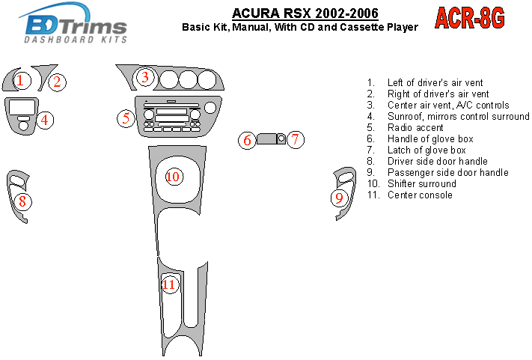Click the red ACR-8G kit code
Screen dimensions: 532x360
pyautogui.click(x=470, y=18)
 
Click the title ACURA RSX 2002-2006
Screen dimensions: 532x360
pyautogui.click(x=305, y=13)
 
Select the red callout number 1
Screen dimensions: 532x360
pyautogui.click(x=22, y=81)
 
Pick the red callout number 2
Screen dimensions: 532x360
pyautogui.click(x=58, y=82)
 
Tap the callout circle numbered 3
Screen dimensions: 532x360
pyautogui.click(x=145, y=77)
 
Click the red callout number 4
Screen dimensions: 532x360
pyautogui.click(x=45, y=120)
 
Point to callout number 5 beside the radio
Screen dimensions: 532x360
pyautogui.click(x=126, y=118)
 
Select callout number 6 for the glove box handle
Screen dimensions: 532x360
pyautogui.click(x=247, y=140)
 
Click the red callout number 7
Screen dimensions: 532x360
pyautogui.click(x=295, y=139)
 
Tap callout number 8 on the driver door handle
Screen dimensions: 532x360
pyautogui.click(x=22, y=201)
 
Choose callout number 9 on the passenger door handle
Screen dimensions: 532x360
pyautogui.click(x=339, y=198)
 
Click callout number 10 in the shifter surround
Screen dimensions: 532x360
pyautogui.click(x=174, y=177)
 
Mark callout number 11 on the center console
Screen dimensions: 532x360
pyautogui.click(x=169, y=284)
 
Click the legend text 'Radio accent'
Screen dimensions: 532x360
pyautogui.click(x=415, y=127)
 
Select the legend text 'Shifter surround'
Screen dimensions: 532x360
pyautogui.click(x=422, y=183)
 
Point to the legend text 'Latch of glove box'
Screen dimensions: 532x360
pyautogui.click(x=426, y=150)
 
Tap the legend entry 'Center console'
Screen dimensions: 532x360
pyautogui.click(x=420, y=195)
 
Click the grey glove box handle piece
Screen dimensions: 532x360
pyautogui.click(x=266, y=138)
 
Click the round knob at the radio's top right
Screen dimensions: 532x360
pyautogui.click(x=210, y=108)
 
